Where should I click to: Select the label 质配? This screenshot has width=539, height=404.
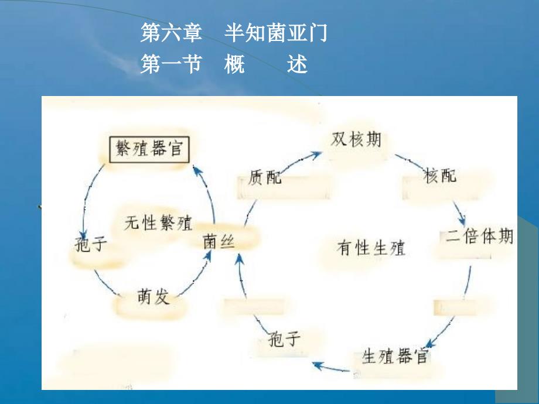(265, 177)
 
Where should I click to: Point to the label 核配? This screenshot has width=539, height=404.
(440, 175)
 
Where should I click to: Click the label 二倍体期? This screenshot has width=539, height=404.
(479, 237)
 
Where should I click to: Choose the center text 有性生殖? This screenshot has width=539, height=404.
(371, 248)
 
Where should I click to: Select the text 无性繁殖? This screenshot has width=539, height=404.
(159, 222)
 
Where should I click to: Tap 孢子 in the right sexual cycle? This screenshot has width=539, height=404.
(284, 338)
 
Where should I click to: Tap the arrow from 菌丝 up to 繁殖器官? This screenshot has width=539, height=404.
(208, 193)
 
